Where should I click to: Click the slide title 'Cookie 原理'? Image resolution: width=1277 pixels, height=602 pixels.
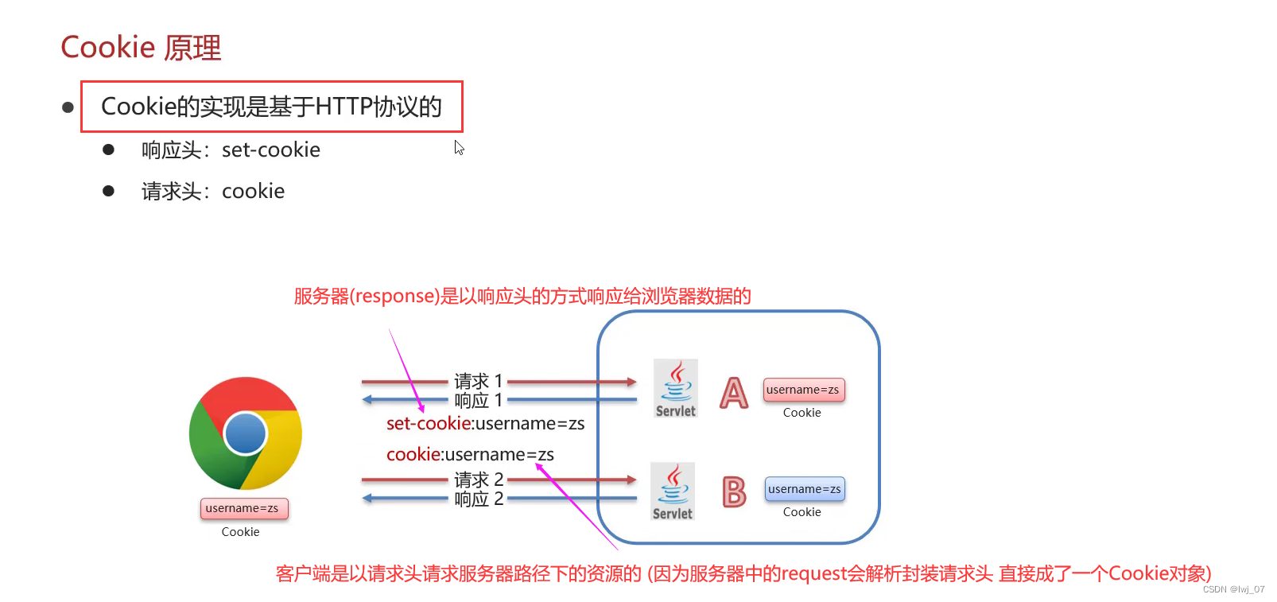[141, 47]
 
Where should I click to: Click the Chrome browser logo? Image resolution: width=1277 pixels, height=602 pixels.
[246, 433]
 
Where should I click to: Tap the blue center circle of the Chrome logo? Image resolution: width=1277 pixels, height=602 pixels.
[246, 433]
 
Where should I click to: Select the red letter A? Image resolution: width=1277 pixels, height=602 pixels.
[734, 393]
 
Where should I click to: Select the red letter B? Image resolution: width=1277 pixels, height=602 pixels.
[734, 491]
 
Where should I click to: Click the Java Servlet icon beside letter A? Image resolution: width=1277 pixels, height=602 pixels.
[676, 388]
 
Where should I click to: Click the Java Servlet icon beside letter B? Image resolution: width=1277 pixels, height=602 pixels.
[673, 491]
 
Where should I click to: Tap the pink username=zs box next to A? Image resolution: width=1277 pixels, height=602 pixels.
[804, 390]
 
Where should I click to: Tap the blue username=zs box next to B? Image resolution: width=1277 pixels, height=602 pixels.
[805, 489]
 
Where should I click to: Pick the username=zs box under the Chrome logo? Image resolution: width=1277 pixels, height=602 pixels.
[244, 508]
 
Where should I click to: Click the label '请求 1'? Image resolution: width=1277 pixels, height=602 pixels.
[479, 381]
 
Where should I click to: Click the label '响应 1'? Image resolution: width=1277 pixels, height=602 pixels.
[479, 400]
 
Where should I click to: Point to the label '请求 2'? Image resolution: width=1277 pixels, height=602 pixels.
[479, 480]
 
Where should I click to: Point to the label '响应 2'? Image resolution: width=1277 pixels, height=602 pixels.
[479, 499]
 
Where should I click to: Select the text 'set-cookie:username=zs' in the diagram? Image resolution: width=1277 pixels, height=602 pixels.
[485, 424]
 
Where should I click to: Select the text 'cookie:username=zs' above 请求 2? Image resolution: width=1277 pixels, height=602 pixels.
[470, 454]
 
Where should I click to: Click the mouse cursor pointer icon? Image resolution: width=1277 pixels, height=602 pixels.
[459, 148]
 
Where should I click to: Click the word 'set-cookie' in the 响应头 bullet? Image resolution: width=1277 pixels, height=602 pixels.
[271, 150]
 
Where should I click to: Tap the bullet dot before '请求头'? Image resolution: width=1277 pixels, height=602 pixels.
[108, 190]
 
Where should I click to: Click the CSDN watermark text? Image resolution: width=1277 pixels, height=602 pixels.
[1233, 589]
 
